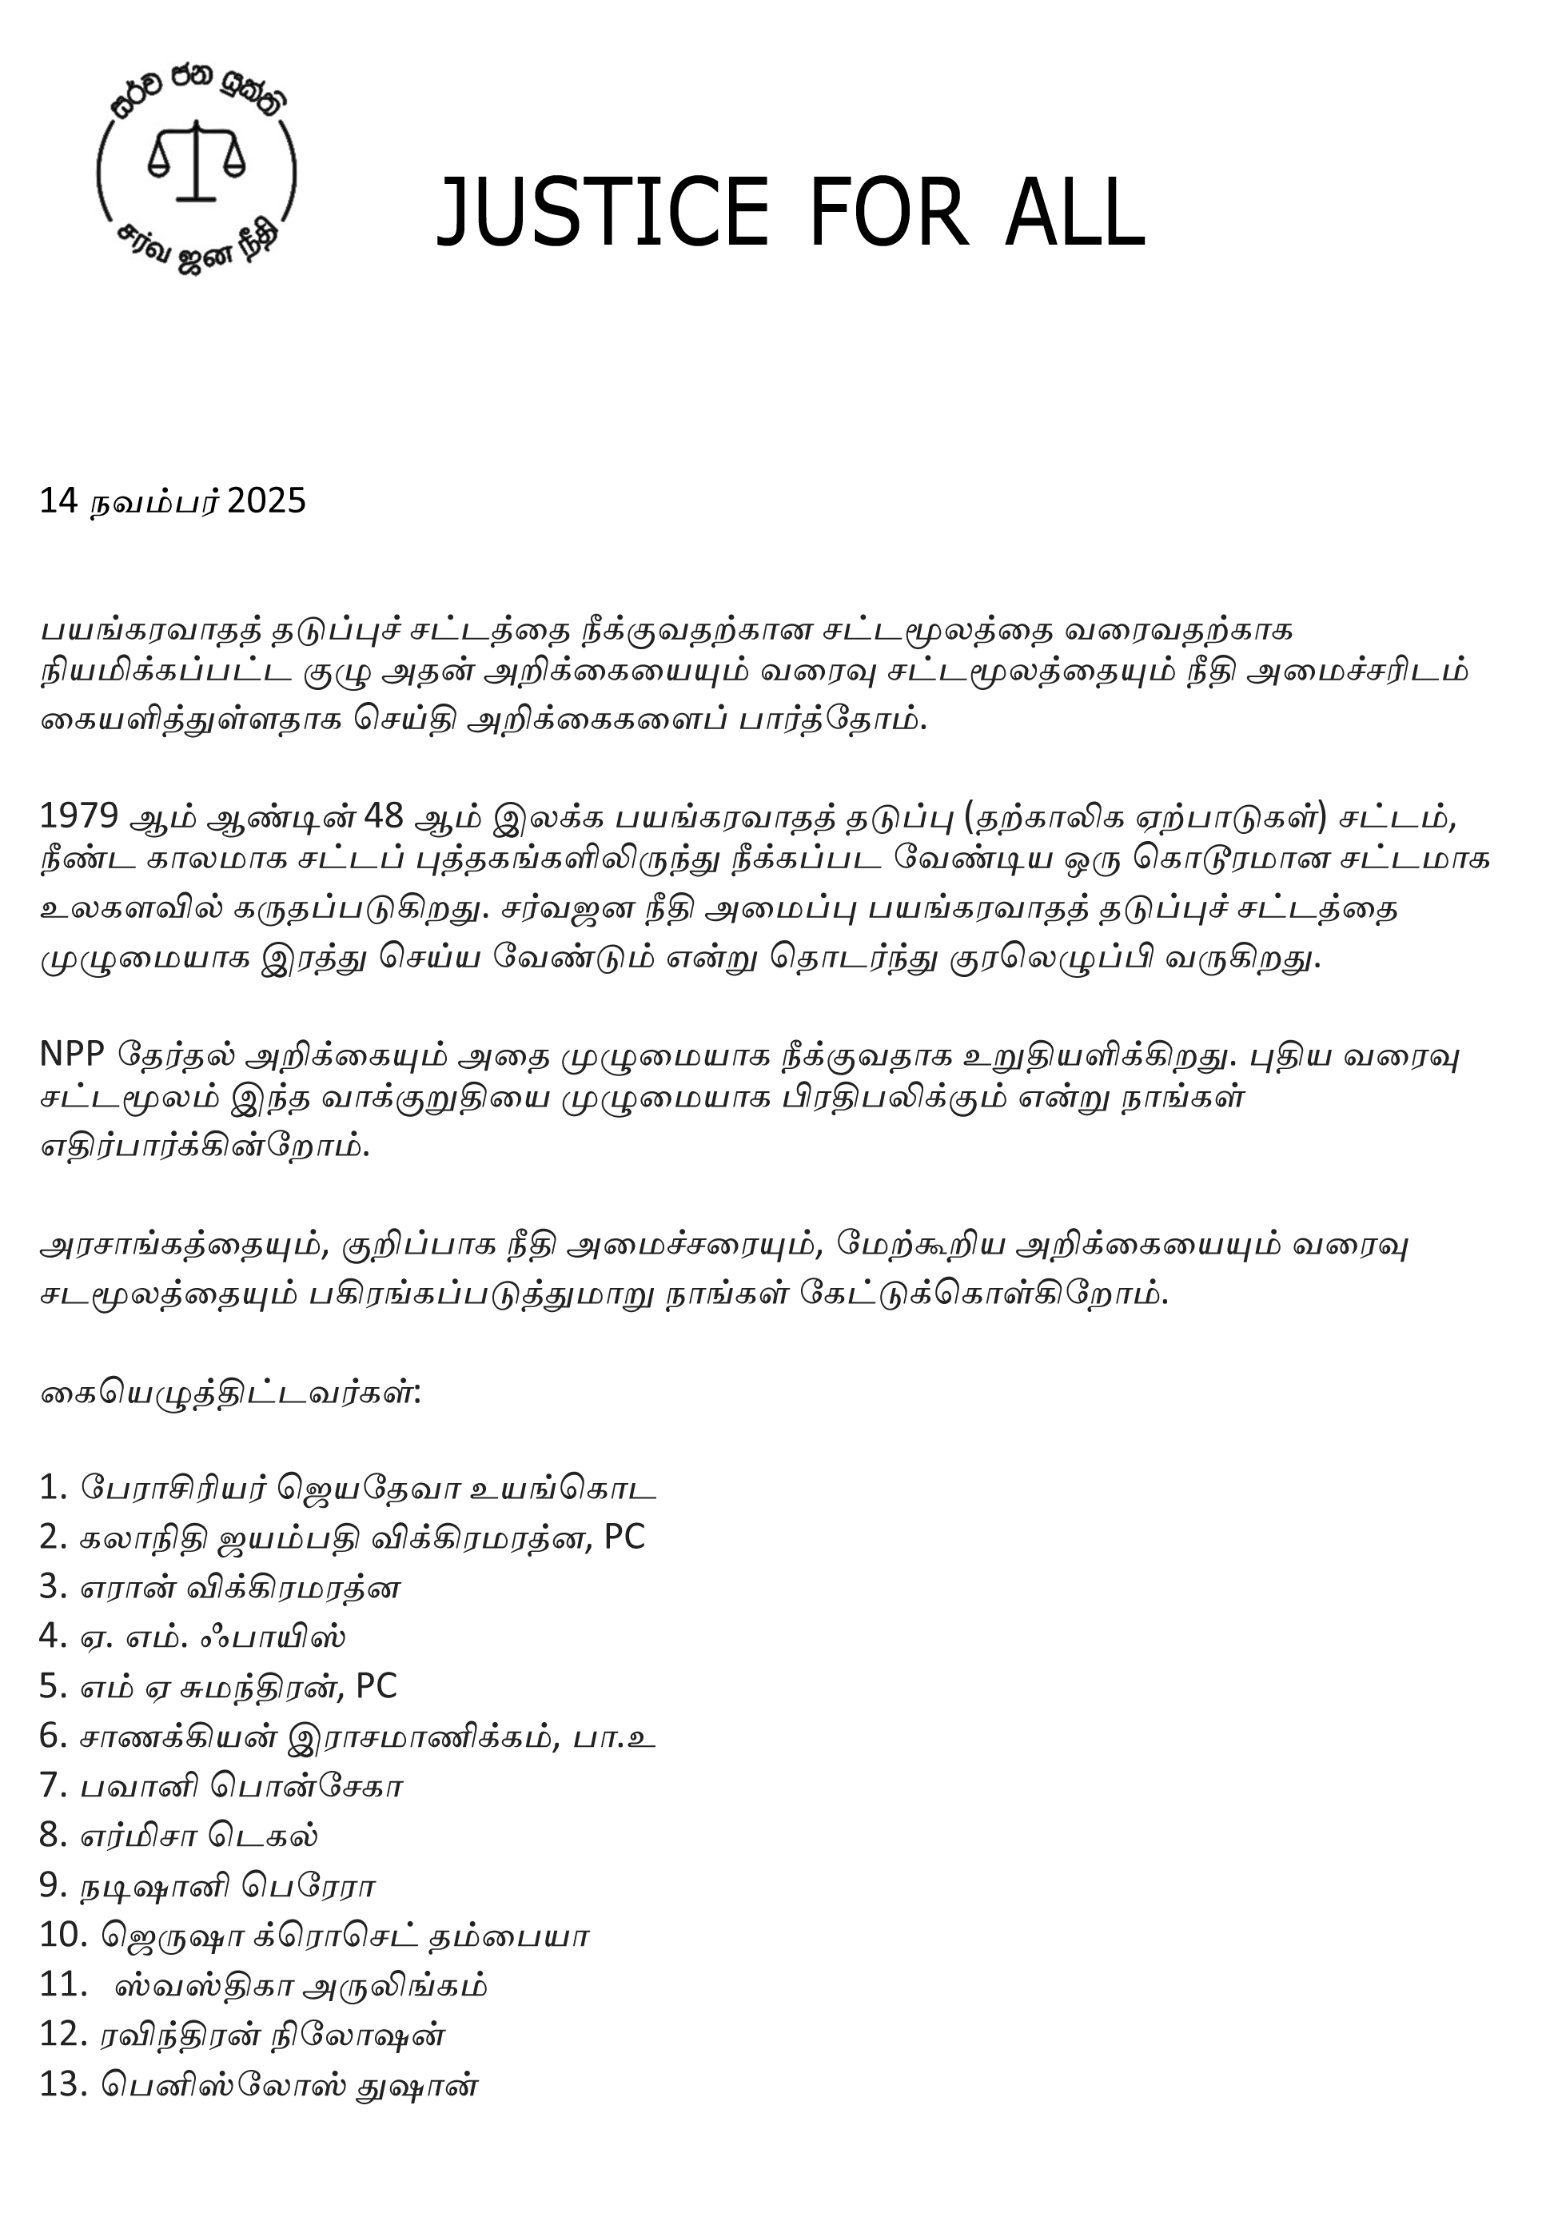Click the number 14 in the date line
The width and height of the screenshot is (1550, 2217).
tap(58, 501)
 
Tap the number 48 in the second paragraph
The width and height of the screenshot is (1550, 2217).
tap(384, 817)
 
